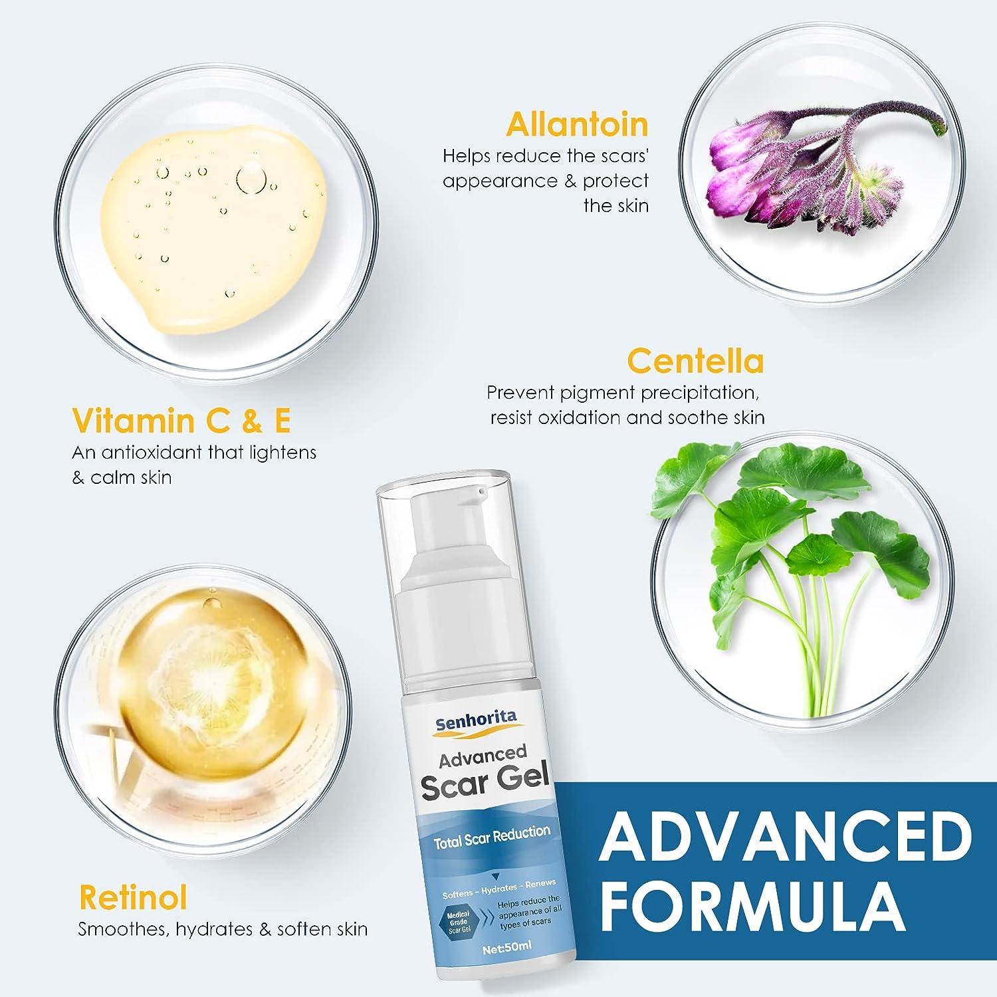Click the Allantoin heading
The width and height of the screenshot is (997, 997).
(x=576, y=124)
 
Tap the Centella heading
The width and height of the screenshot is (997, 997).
(x=695, y=362)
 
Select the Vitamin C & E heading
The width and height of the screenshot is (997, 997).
(x=181, y=421)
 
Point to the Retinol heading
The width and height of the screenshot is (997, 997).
(x=133, y=897)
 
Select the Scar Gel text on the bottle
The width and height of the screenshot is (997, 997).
(x=484, y=784)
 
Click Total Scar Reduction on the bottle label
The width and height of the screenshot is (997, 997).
(x=492, y=836)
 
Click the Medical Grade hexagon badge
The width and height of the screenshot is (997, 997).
(x=459, y=923)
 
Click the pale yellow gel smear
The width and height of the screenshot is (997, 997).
(x=213, y=226)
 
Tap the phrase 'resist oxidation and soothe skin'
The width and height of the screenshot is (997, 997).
(x=627, y=417)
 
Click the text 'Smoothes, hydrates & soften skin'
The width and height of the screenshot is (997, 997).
(x=223, y=929)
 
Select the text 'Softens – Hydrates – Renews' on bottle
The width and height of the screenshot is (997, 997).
(x=498, y=889)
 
